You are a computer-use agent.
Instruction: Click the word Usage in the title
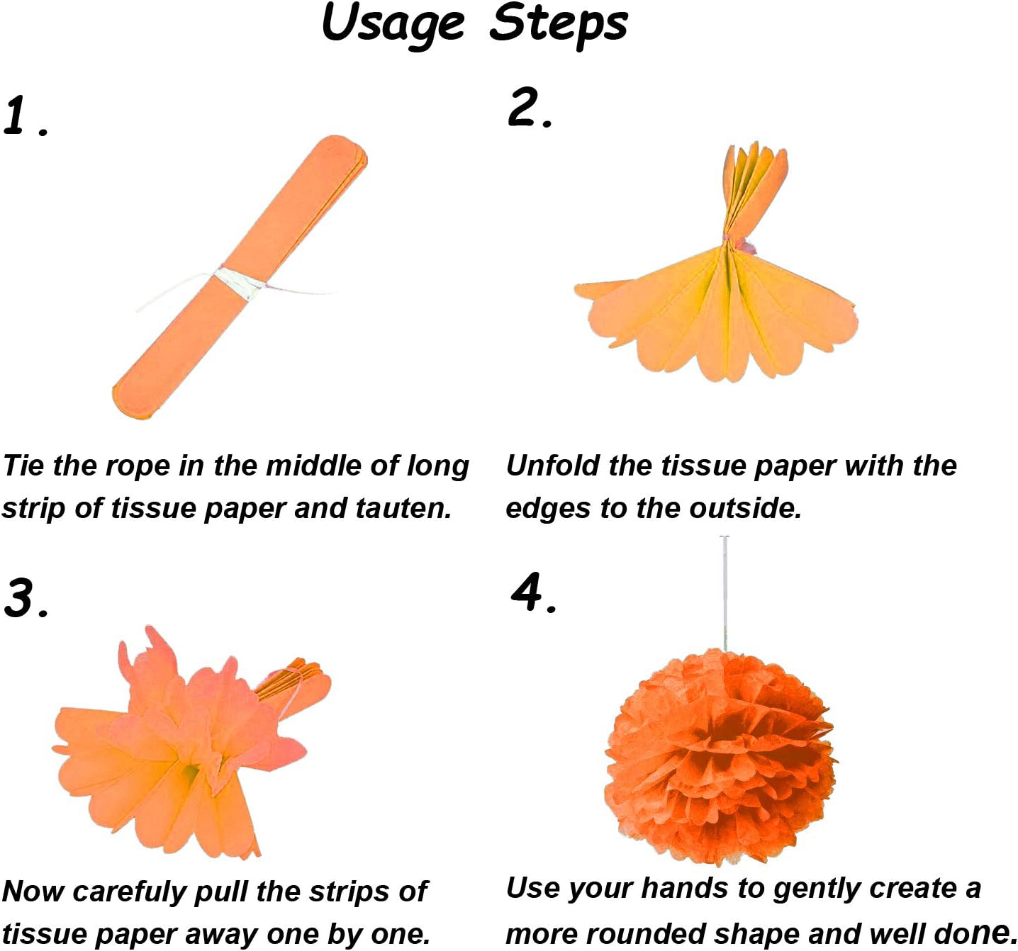tap(393, 24)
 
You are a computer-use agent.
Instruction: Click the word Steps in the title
tap(559, 24)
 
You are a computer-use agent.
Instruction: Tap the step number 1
tap(17, 116)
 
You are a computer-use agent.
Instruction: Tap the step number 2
tap(524, 108)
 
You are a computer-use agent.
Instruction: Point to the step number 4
tap(527, 592)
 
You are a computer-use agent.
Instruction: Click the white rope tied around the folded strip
tap(238, 282)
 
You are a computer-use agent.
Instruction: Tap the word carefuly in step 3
tap(128, 892)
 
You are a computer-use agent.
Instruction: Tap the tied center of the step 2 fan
tap(727, 244)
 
